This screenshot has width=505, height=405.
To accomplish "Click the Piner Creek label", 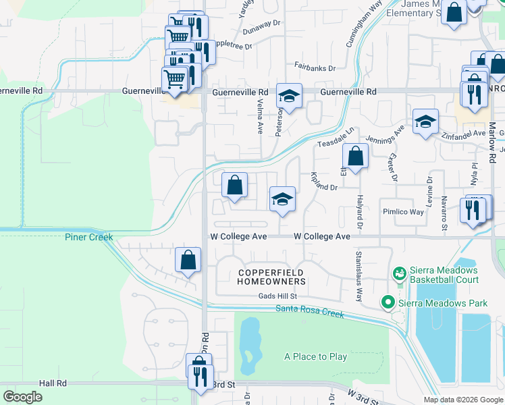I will (89, 237).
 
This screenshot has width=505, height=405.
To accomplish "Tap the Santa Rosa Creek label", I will (309, 311).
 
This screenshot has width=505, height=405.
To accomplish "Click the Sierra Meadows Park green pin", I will (388, 303).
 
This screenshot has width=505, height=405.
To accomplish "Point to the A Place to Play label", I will (315, 356).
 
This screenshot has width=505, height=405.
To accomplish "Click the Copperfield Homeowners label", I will (272, 277).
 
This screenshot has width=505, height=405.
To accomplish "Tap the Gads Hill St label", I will (277, 296).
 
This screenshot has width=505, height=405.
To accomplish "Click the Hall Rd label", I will (53, 383).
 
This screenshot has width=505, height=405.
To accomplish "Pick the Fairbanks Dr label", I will (315, 67).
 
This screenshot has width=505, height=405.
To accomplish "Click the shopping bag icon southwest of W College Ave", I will (188, 260).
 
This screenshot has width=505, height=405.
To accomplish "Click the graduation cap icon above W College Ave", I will (282, 198).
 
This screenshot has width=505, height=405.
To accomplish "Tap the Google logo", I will (23, 397).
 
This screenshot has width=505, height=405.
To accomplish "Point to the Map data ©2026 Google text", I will (462, 400).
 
